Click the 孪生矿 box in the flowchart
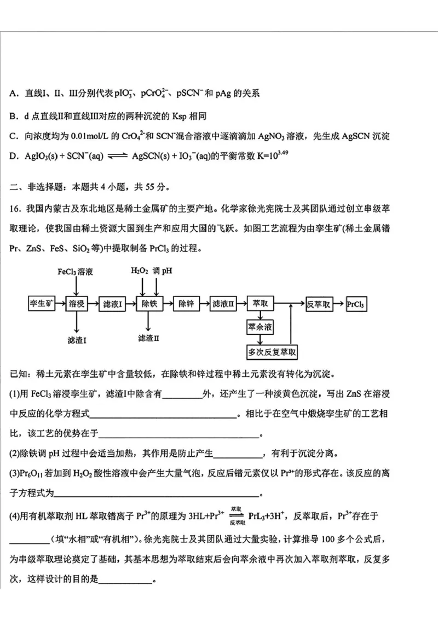pyautogui.click(x=41, y=304)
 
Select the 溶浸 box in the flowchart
pyautogui.click(x=77, y=304)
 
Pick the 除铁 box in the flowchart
pyautogui.click(x=149, y=304)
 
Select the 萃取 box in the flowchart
pyautogui.click(x=260, y=304)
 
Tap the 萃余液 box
pyautogui.click(x=260, y=328)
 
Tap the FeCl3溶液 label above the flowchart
pyautogui.click(x=76, y=271)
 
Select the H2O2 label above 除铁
pyautogui.click(x=140, y=271)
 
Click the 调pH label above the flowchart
pyautogui.click(x=163, y=271)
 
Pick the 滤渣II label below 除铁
pyautogui.click(x=148, y=338)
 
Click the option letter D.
pyautogui.click(x=13, y=155)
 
